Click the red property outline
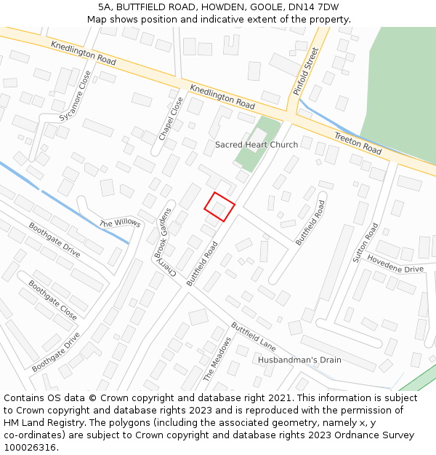219,207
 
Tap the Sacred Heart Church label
256,145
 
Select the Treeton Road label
358,143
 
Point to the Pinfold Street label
306,71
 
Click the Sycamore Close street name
76,95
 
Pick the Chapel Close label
171,119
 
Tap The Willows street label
120,223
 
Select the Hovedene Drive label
395,264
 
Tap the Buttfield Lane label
254,336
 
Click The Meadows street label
217,359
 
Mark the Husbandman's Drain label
299,360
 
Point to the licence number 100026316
31,448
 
